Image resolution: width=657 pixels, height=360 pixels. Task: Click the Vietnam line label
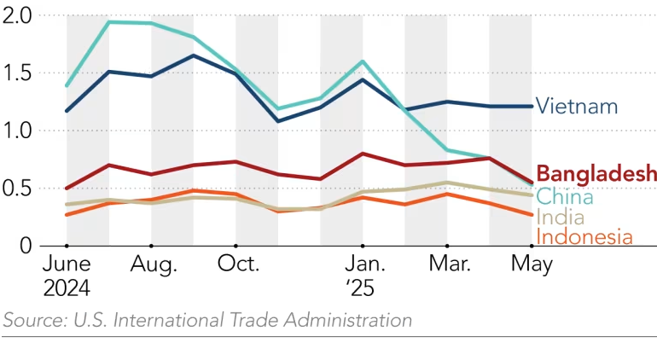[x=577, y=107]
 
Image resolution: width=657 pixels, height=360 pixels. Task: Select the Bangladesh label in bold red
[x=596, y=174]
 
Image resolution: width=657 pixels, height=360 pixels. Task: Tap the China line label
[x=564, y=196]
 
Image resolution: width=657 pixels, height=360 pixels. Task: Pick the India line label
[x=560, y=218]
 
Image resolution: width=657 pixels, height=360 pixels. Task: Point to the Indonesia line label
[x=584, y=237]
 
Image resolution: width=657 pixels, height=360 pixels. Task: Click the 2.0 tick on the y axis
[x=17, y=15]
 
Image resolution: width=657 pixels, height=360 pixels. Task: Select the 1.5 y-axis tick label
[x=17, y=73]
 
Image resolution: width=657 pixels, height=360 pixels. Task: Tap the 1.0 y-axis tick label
[x=17, y=131]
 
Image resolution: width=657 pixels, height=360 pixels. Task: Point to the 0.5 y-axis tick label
[x=17, y=189]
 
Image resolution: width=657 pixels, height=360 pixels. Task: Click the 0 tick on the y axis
[x=26, y=246]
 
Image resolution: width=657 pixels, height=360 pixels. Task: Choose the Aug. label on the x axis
[x=154, y=265]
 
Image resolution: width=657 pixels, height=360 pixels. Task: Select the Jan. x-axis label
[x=364, y=265]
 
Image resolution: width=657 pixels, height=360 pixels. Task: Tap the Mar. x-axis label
[x=448, y=265]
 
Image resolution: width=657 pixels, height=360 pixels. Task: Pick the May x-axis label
[x=532, y=265]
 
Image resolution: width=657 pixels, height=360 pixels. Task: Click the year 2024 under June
[x=67, y=288]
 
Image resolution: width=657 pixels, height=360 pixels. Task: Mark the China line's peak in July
[x=109, y=21]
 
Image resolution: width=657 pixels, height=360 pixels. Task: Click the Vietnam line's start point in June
[x=67, y=111]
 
